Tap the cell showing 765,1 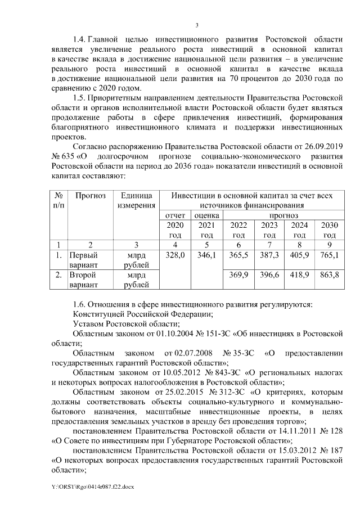pyautogui.click(x=329, y=255)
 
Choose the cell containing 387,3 pyautogui.click(x=269, y=255)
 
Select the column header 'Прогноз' pyautogui.click(x=91, y=195)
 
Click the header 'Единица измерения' pyautogui.click(x=136, y=200)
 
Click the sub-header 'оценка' pyautogui.click(x=207, y=215)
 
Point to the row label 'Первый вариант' pyautogui.click(x=83, y=260)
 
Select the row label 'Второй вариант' pyautogui.click(x=83, y=280)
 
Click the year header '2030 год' pyautogui.click(x=329, y=230)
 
